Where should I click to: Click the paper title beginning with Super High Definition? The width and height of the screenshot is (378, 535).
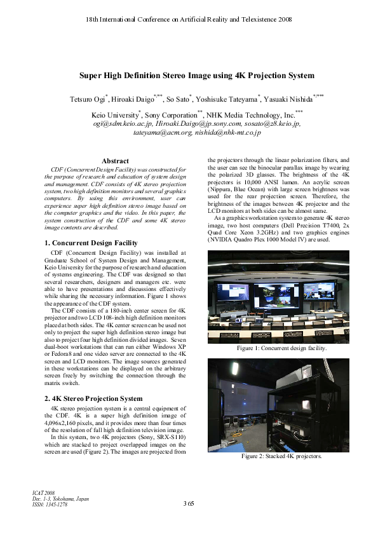click(x=196, y=76)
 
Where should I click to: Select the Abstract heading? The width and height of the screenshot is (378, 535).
click(x=115, y=161)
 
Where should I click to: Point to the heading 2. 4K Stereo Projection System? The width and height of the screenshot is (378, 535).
click(x=93, y=398)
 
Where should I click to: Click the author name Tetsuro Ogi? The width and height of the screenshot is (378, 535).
click(x=89, y=99)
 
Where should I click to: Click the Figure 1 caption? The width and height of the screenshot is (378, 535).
click(x=281, y=349)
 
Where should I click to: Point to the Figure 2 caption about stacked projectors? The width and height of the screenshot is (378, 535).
click(x=281, y=456)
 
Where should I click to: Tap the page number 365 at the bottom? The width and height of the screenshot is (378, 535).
click(x=188, y=504)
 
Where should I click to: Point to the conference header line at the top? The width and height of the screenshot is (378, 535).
click(x=189, y=20)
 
